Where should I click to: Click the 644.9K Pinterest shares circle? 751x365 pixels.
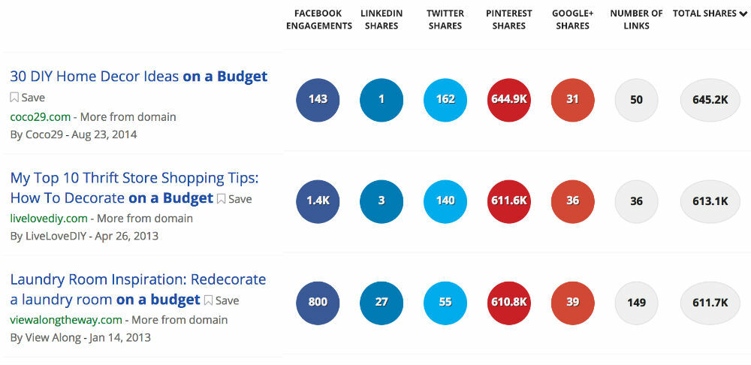pos(508,99)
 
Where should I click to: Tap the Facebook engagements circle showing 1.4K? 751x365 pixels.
pos(318,201)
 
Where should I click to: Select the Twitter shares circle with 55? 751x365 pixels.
pos(445,302)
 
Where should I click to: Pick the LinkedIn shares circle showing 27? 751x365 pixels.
pos(382,302)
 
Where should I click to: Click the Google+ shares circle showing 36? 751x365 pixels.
pos(572,201)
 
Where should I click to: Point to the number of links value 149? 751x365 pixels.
pos(636,302)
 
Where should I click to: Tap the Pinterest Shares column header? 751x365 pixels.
pos(508,20)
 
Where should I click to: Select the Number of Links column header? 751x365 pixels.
pos(636,20)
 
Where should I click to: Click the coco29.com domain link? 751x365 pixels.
pos(40,116)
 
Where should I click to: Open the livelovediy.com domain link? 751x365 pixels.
pos(49,218)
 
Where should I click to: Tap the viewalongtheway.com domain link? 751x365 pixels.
pos(65,319)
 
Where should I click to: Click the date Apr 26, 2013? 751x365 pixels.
pos(127,236)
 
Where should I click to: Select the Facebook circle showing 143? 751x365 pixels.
pos(318,99)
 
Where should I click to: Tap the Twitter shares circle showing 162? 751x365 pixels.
pos(445,99)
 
